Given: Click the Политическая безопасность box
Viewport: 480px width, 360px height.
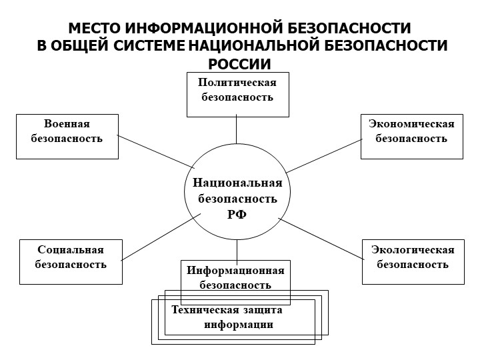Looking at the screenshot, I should click(237, 93).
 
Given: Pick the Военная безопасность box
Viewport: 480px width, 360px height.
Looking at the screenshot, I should click(67, 136).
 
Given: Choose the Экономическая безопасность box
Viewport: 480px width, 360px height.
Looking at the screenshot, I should click(411, 136).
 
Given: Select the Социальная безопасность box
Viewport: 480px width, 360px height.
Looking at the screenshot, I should click(71, 261).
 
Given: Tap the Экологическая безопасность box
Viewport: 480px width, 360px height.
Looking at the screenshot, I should click(413, 261).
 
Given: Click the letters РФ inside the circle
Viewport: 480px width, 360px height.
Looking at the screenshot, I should click(237, 214).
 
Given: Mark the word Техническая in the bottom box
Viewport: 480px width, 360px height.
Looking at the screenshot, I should click(199, 310).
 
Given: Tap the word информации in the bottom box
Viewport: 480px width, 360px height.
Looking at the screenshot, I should click(239, 325).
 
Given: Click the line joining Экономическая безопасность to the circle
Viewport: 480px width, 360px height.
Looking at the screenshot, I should click(322, 152).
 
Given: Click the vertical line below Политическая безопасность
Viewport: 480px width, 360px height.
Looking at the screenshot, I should click(237, 130).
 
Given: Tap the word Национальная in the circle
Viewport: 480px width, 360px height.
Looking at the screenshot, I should click(237, 183).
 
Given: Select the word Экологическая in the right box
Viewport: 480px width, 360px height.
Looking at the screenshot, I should click(413, 250).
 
